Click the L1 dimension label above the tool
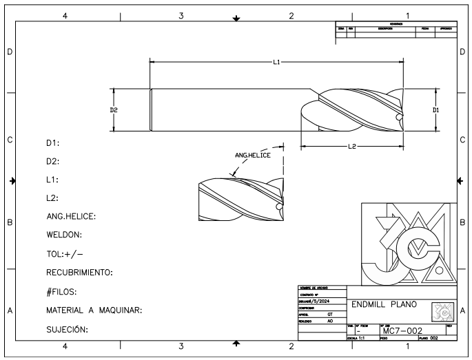tap(276, 62)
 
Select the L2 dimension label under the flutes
tap(351, 147)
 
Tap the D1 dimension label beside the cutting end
tap(435, 109)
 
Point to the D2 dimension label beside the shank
tap(114, 109)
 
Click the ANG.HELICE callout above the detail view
tap(252, 155)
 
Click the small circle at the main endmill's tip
tap(400, 118)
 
